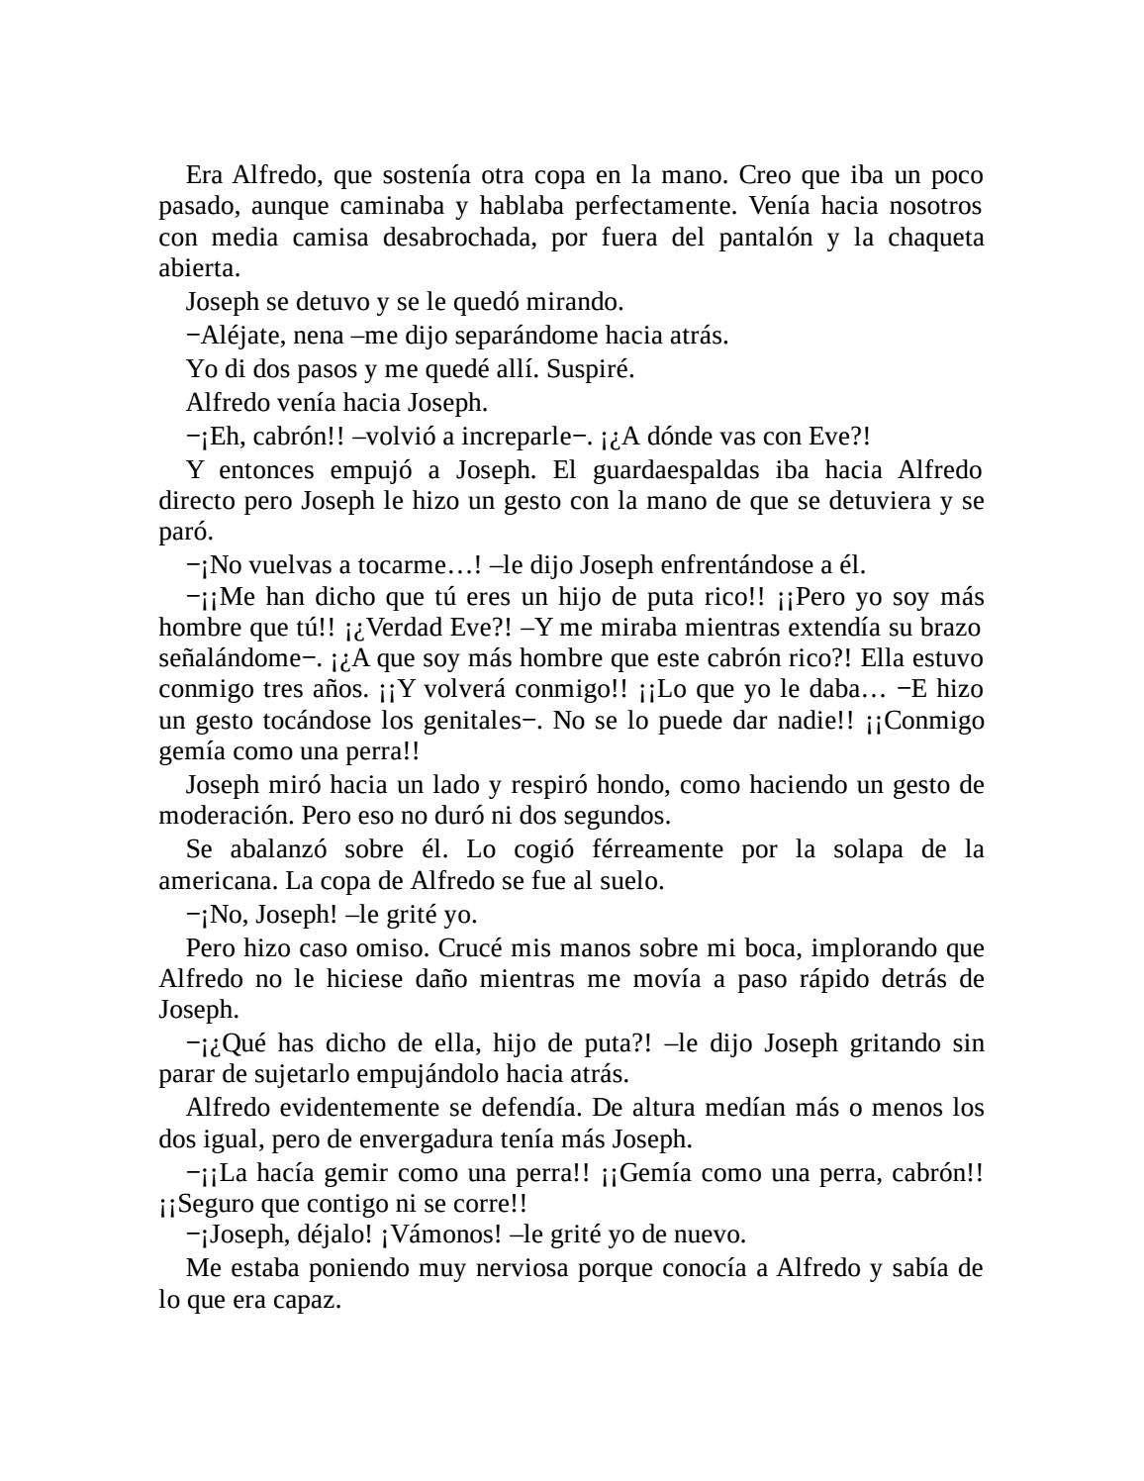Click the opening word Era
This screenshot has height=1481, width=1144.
point(204,175)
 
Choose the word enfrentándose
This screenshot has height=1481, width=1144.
point(738,565)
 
